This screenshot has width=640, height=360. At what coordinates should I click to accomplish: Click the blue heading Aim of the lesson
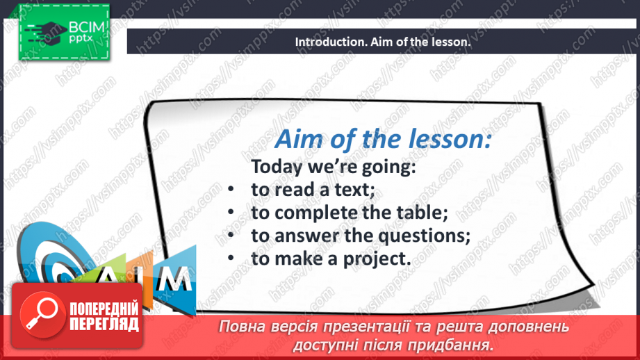[383, 139]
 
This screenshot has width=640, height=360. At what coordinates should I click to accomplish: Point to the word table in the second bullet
[425, 213]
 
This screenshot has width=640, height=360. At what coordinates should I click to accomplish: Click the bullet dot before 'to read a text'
[231, 190]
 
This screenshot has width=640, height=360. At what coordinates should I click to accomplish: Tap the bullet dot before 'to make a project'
[231, 258]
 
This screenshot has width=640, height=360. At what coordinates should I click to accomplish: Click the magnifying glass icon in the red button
[42, 314]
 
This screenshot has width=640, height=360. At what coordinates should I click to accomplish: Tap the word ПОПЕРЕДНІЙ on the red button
[104, 309]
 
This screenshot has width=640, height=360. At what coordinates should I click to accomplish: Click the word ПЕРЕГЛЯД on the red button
[104, 324]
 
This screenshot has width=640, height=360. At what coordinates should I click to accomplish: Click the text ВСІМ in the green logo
[87, 27]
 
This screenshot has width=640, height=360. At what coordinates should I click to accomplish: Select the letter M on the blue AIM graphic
[175, 279]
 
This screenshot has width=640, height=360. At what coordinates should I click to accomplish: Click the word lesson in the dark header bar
[452, 42]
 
